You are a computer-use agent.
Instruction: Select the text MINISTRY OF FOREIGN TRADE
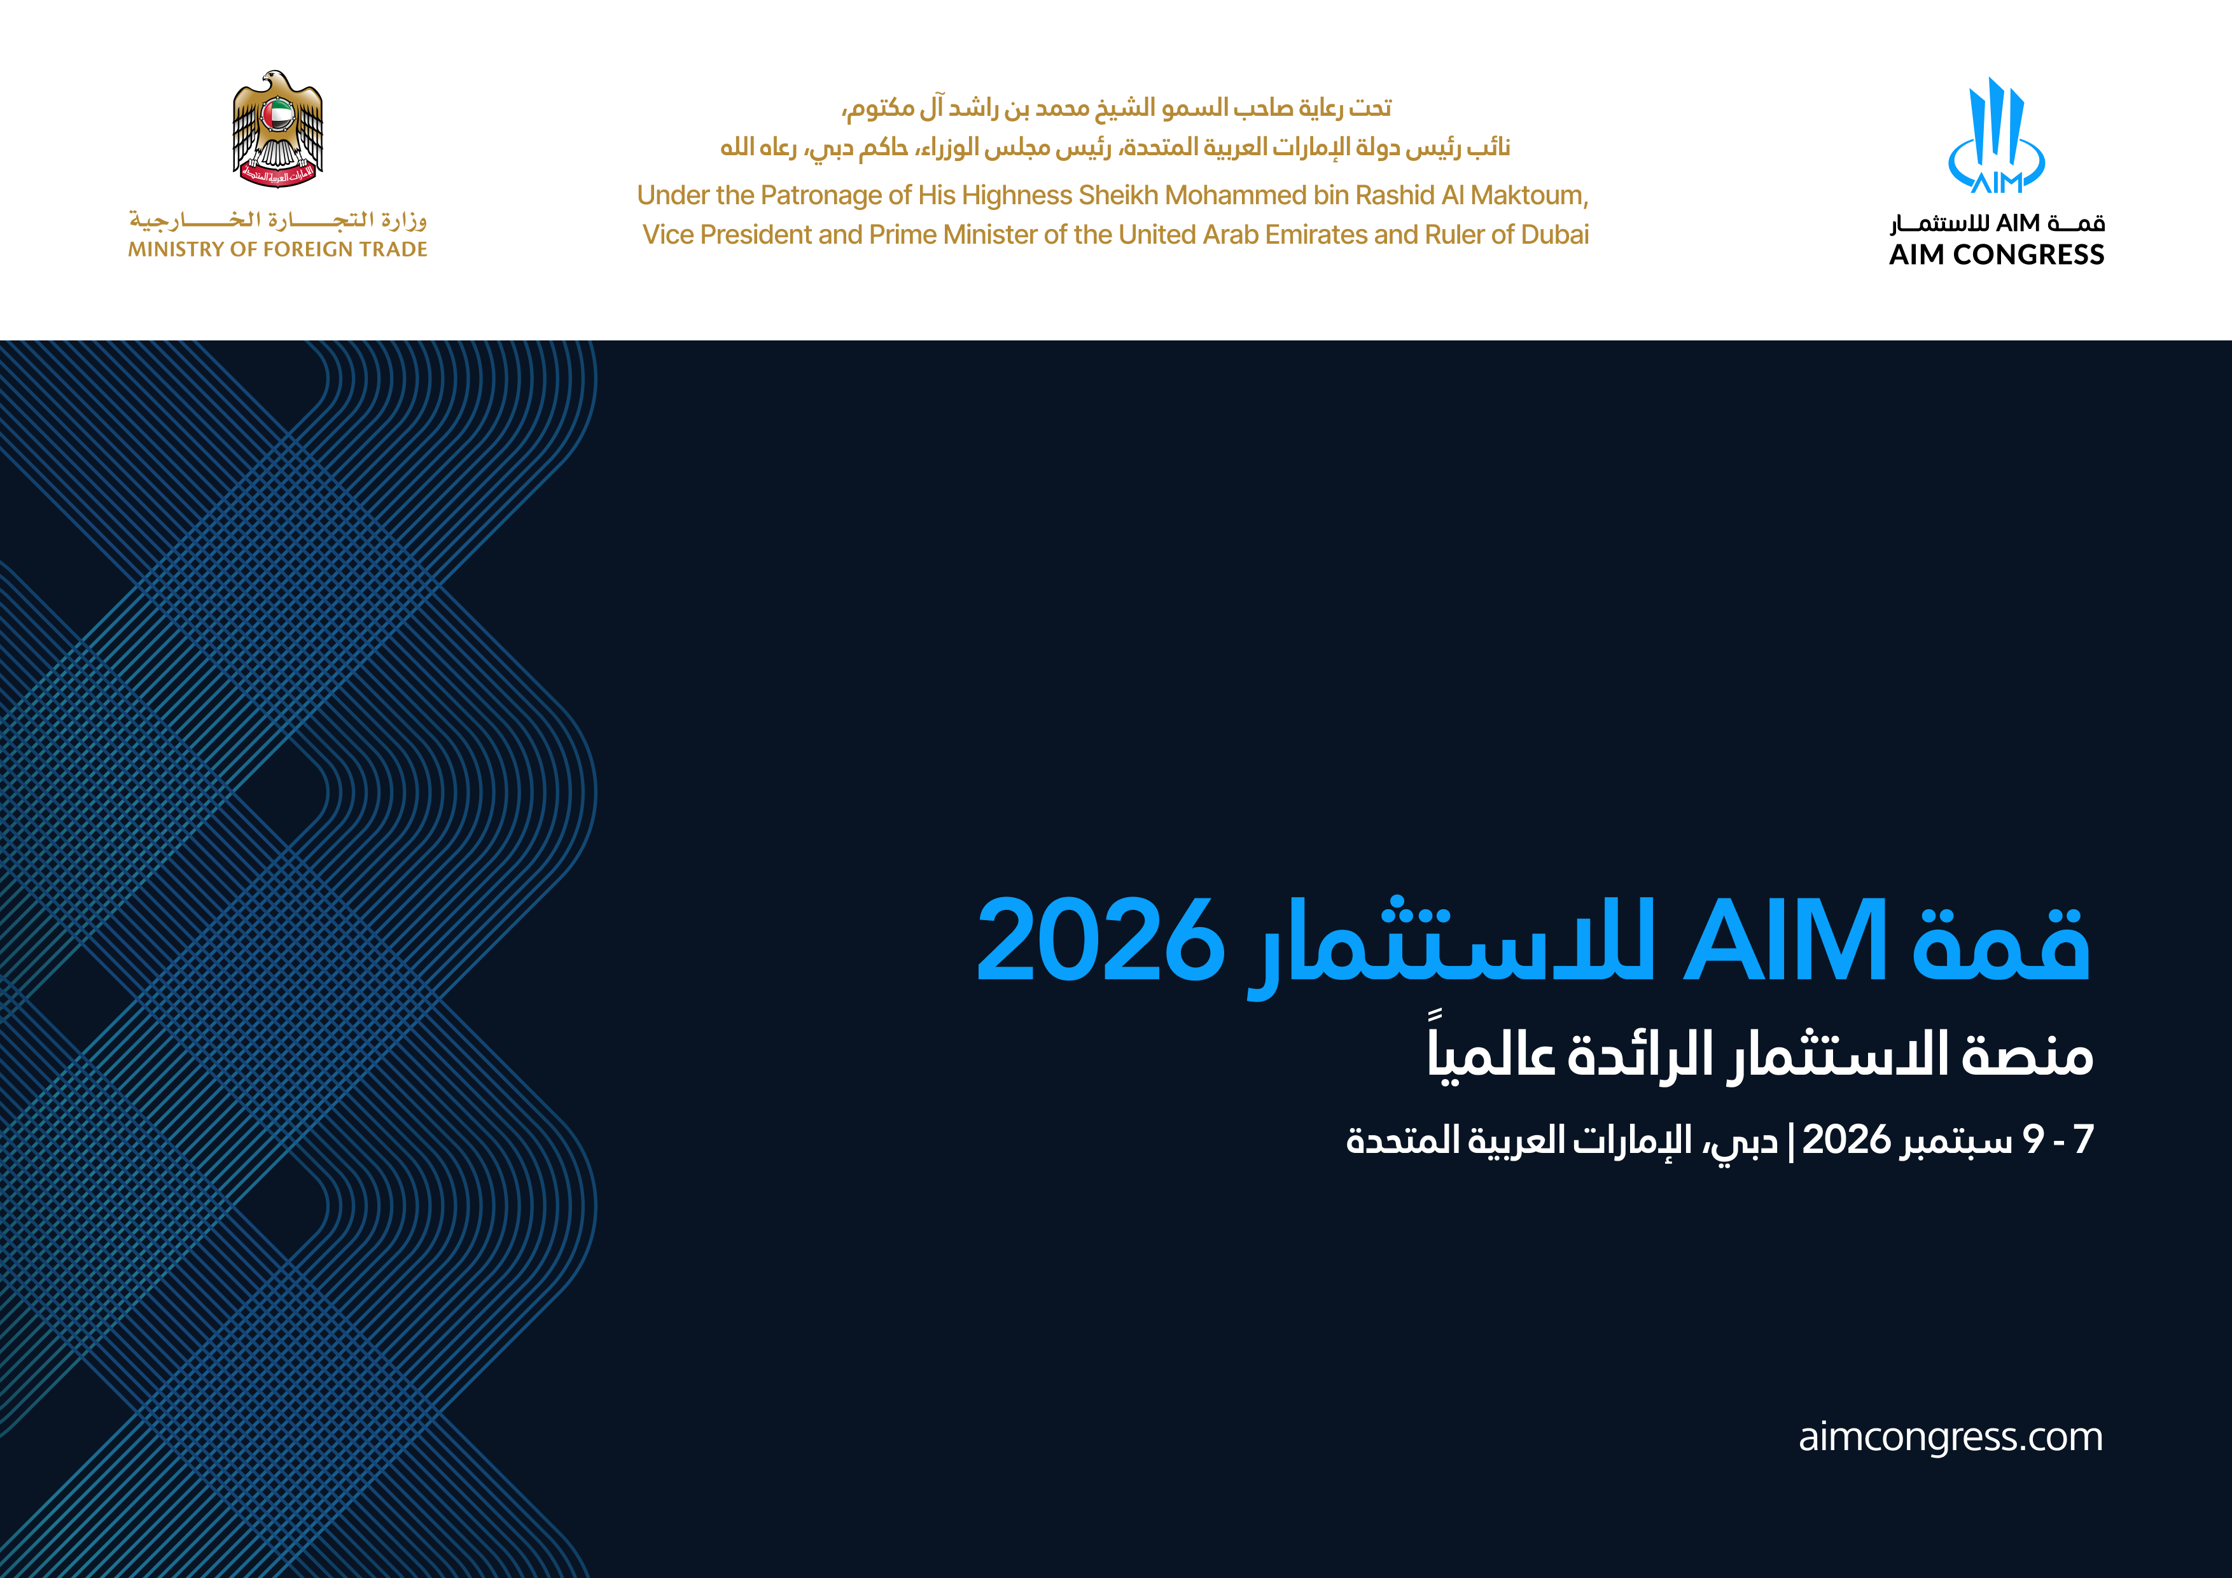[278, 250]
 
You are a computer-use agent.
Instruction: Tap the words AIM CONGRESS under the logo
[1997, 255]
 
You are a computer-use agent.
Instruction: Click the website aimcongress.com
[1950, 1437]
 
